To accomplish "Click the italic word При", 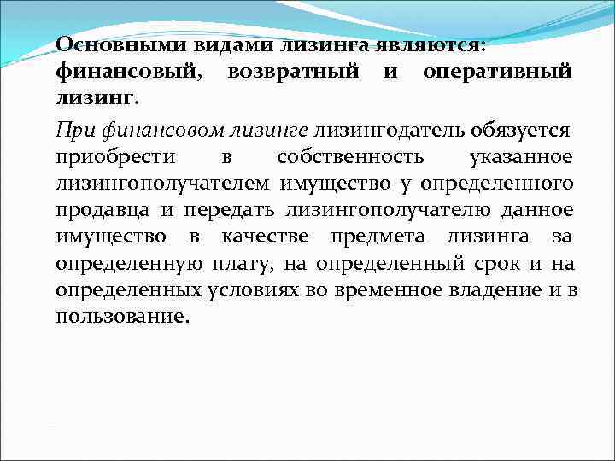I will point(71,130).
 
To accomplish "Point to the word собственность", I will point(348,156).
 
